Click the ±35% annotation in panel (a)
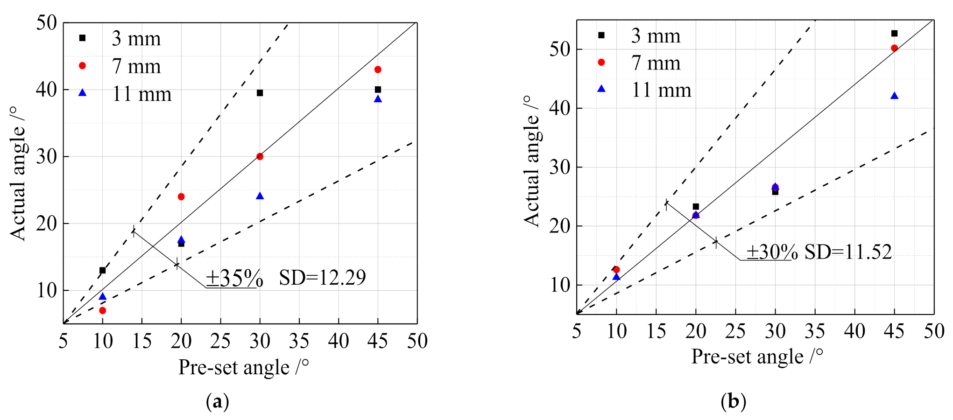pyautogui.click(x=234, y=278)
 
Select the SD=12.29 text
pyautogui.click(x=322, y=278)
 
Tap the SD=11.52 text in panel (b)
pyautogui.click(x=848, y=252)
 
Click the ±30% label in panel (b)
pyautogui.click(x=772, y=252)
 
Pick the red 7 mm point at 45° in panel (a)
pyautogui.click(x=378, y=70)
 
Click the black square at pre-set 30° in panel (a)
pyautogui.click(x=260, y=93)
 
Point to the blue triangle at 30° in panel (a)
pyautogui.click(x=260, y=196)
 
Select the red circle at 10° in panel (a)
pyautogui.click(x=102, y=310)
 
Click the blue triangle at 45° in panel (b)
pyautogui.click(x=894, y=96)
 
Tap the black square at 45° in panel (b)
pyautogui.click(x=894, y=33)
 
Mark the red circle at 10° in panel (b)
pyautogui.click(x=616, y=269)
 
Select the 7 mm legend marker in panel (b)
pyautogui.click(x=601, y=63)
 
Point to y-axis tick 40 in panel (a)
pyautogui.click(x=47, y=89)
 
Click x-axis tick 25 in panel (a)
pyautogui.click(x=220, y=341)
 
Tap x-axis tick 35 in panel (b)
pyautogui.click(x=815, y=331)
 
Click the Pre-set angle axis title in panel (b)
pyautogui.click(x=756, y=357)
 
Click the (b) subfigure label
pyautogui.click(x=733, y=401)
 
